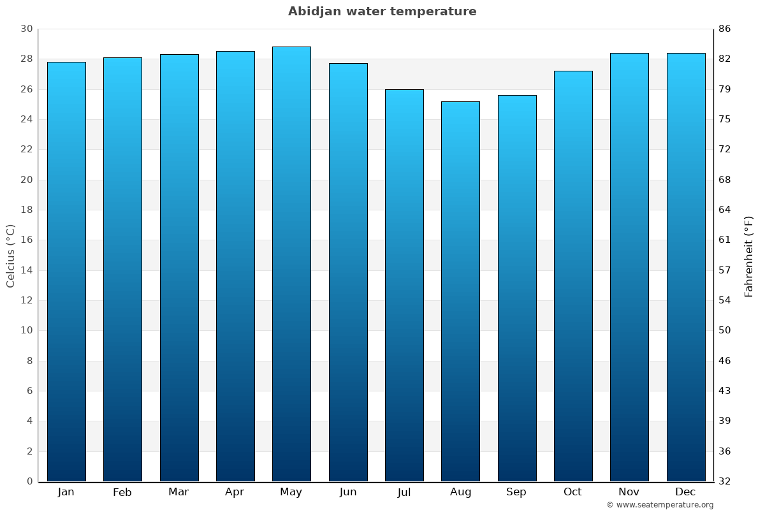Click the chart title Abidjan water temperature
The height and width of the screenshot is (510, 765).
pos(382,11)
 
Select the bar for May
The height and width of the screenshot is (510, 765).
pos(291,264)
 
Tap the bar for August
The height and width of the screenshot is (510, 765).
pos(460,291)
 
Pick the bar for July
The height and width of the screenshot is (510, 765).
pos(404,285)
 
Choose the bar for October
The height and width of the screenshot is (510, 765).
pos(573,276)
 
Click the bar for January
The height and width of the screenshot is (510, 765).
pos(66,272)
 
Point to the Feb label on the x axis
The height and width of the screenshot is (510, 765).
pos(122,492)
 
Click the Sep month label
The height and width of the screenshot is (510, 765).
pos(516,492)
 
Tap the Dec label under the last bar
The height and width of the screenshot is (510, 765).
pos(685,492)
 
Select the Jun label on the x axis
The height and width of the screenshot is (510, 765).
pos(348,492)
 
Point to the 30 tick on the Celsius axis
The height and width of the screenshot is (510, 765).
pos(26,29)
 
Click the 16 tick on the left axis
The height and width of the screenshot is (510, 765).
pos(26,240)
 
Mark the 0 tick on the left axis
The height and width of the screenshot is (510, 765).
pos(29,481)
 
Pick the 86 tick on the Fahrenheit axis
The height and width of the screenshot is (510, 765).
pos(725,29)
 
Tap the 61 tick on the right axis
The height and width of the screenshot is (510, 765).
pos(725,240)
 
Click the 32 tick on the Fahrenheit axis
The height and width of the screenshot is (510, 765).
pos(725,481)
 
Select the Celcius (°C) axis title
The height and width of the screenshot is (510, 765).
pos(10,255)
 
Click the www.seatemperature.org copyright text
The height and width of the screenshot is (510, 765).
pos(660,505)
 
